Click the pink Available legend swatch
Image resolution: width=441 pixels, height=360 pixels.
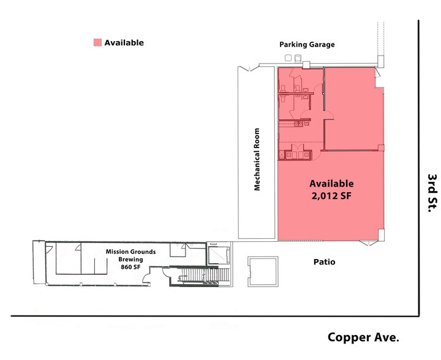(x=97, y=43)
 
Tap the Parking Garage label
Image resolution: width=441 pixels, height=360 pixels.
(x=307, y=44)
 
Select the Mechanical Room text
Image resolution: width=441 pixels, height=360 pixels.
(x=257, y=159)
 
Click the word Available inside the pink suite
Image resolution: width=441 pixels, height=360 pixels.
(x=331, y=184)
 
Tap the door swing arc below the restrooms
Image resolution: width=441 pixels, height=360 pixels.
(x=328, y=113)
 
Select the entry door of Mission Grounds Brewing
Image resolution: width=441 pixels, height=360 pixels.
(x=147, y=280)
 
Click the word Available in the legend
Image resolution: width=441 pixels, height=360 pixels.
(x=124, y=43)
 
